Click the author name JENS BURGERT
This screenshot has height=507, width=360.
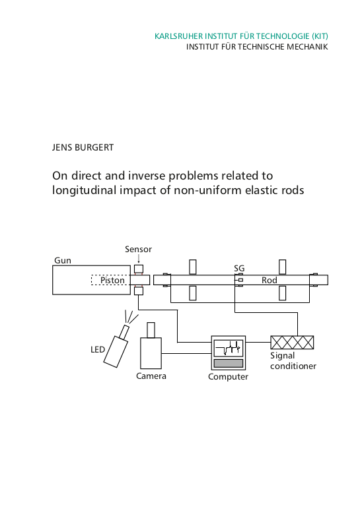[x=83, y=147]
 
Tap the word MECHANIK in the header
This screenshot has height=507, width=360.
[x=307, y=47]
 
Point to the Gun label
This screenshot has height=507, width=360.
[x=63, y=260]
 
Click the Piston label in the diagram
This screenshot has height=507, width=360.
[x=112, y=280]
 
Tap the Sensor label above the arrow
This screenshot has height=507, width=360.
[x=139, y=250]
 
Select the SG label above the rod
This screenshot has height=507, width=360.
[x=239, y=269]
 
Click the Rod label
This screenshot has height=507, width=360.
[x=269, y=280]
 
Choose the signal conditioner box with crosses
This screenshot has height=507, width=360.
[x=292, y=343]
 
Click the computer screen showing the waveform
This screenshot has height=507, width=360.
[x=229, y=348]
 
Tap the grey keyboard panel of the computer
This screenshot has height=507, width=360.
[x=229, y=363]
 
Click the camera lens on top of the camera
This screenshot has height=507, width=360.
[x=151, y=330]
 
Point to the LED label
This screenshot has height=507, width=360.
[x=98, y=349]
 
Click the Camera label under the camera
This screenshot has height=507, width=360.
[x=151, y=376]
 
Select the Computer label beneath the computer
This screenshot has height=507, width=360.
[x=228, y=377]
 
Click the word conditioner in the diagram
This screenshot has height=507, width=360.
[x=293, y=366]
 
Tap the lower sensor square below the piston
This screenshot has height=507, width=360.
[x=139, y=291]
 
